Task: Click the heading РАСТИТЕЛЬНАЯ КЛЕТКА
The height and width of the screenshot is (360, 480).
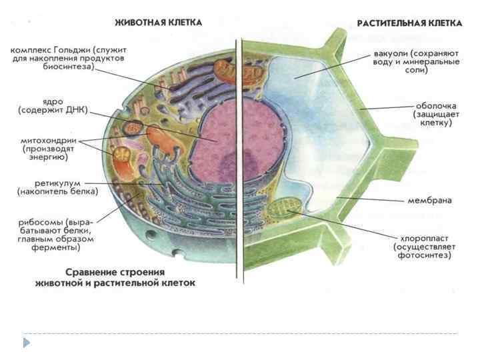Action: pos(409,23)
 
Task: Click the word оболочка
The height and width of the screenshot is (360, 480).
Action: pos(433,105)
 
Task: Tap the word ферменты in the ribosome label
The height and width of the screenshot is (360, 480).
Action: pos(57,247)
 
